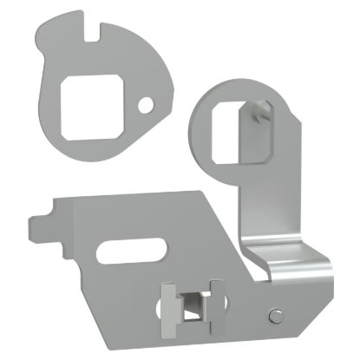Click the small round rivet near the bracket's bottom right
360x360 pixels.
[x=275, y=314]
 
